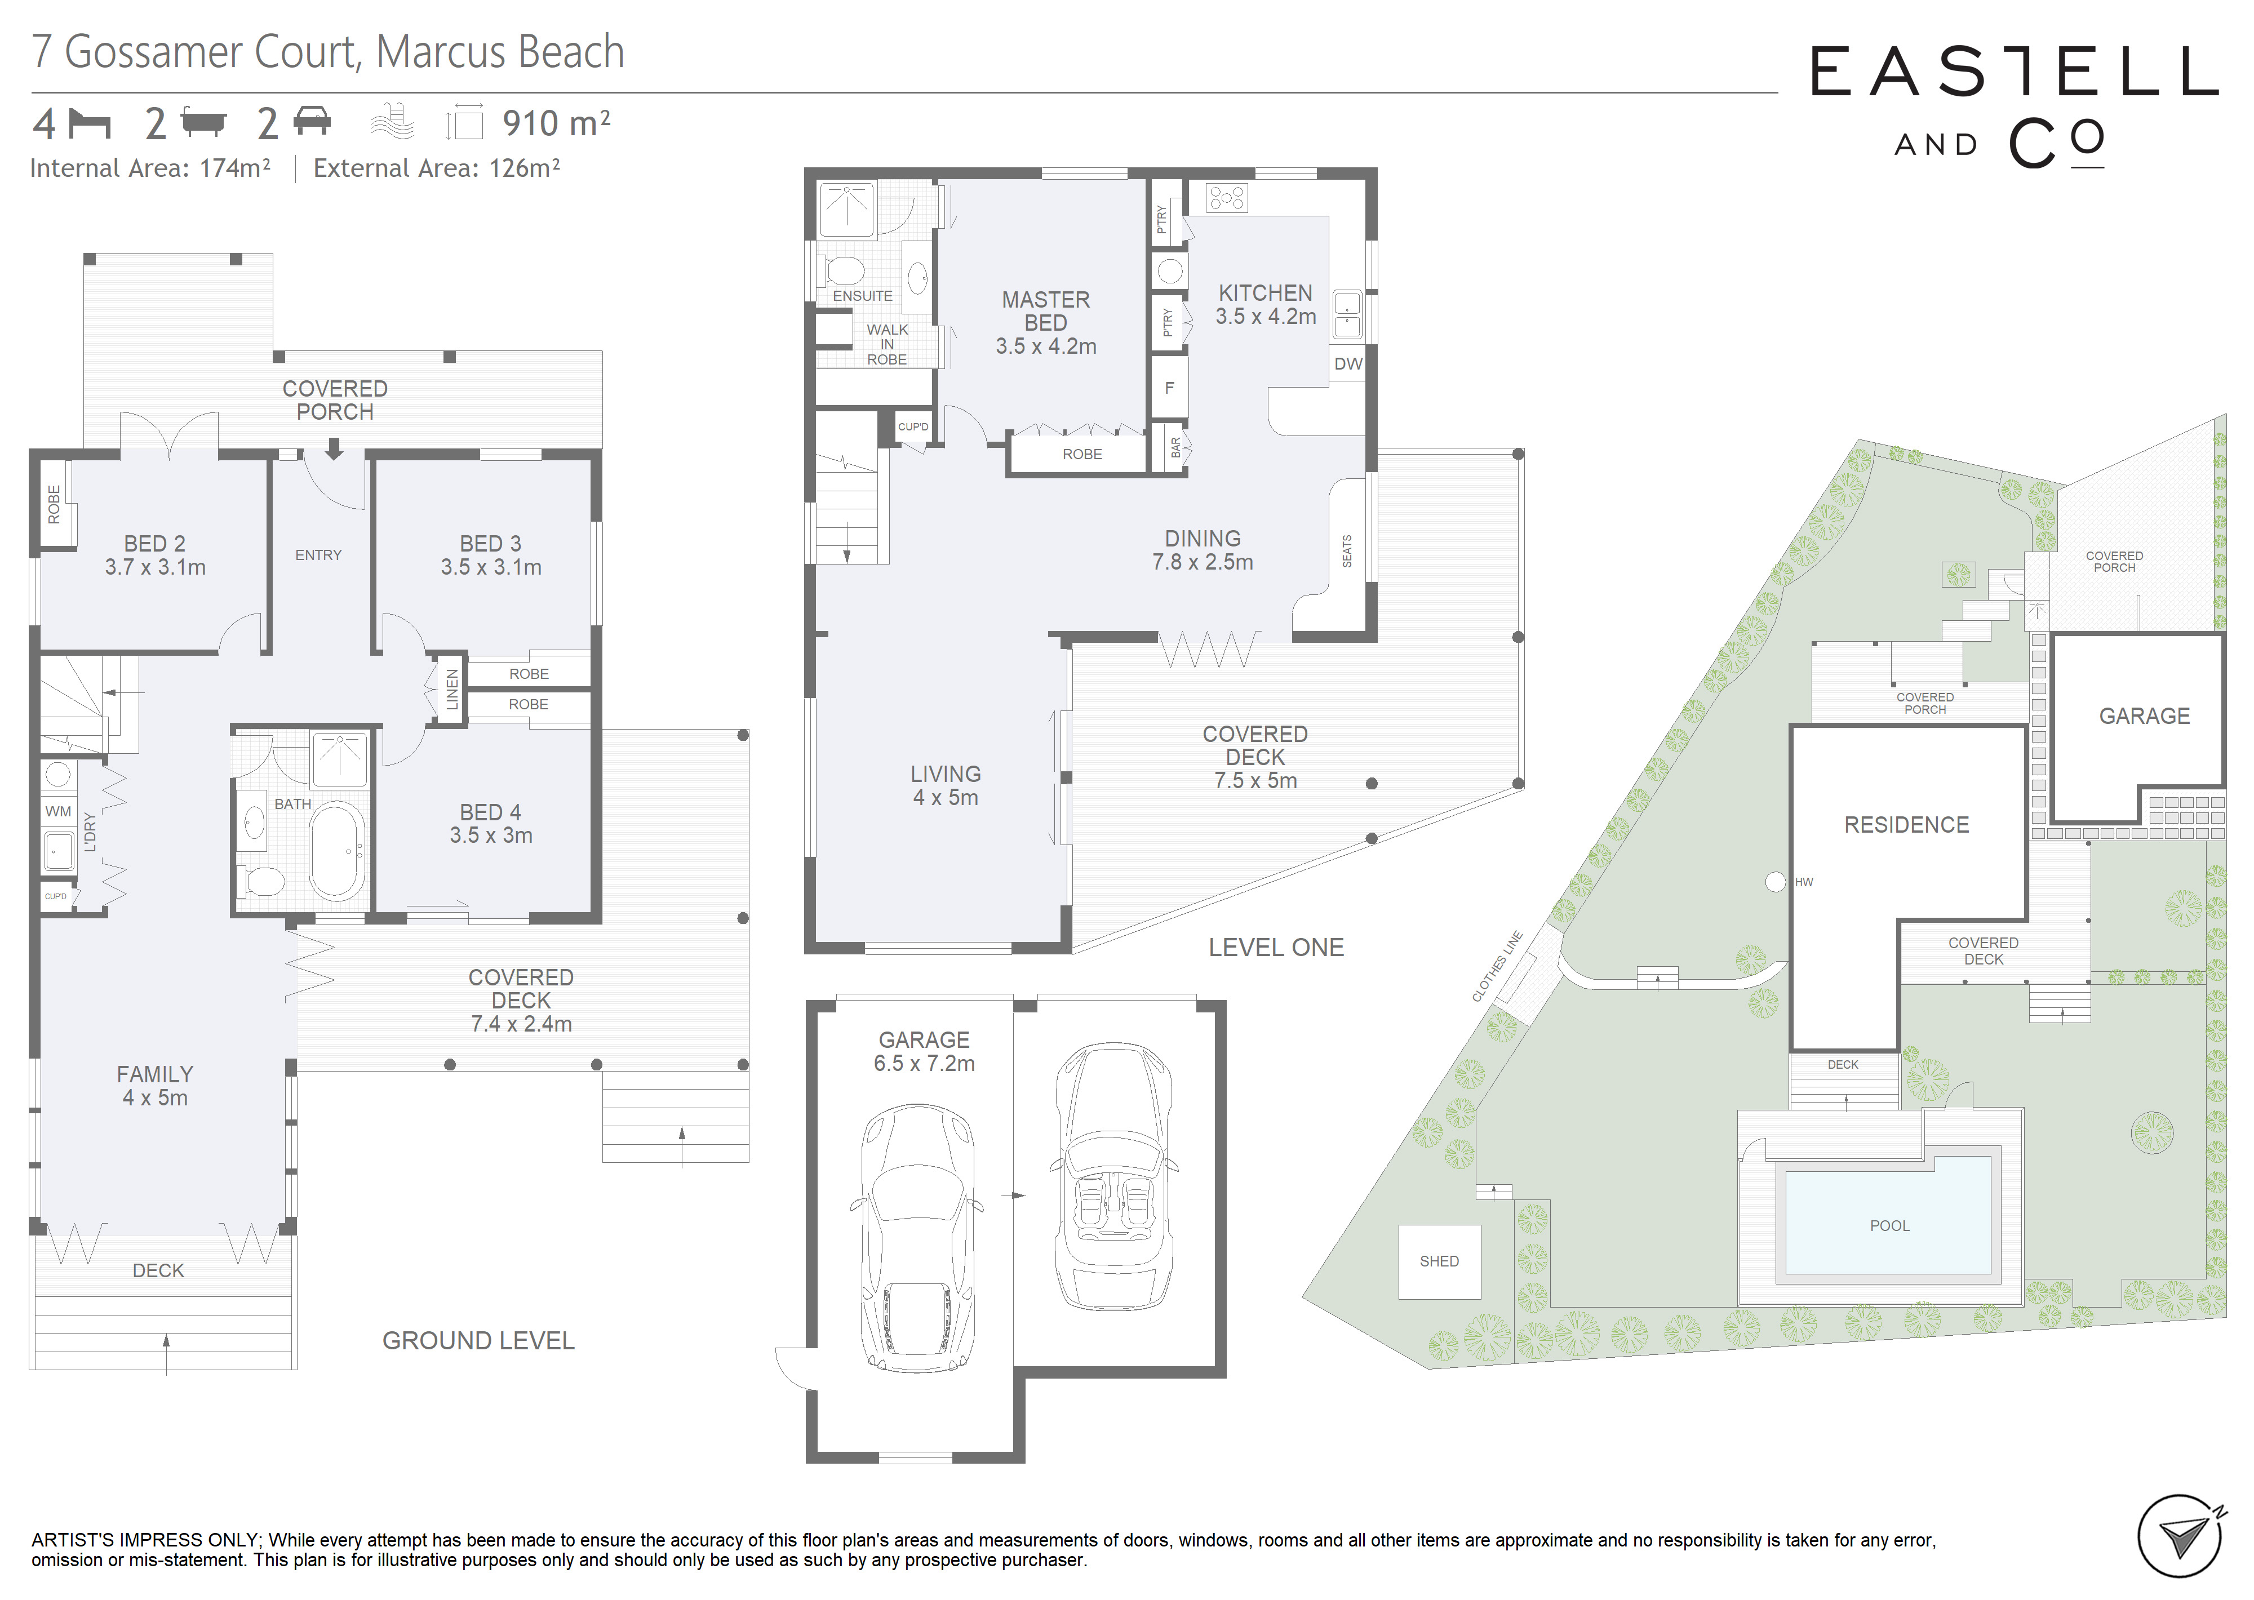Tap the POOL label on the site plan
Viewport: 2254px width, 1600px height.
coord(1889,1225)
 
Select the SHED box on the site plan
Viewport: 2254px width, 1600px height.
coord(1439,1262)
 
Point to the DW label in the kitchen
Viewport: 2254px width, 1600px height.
coord(1348,363)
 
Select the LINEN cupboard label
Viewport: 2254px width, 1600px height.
coord(452,690)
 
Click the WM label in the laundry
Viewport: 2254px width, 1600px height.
coord(58,811)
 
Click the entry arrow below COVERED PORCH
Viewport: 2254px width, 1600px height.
coord(334,449)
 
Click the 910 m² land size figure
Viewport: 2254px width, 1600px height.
coord(557,123)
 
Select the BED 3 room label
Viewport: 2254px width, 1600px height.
coord(491,555)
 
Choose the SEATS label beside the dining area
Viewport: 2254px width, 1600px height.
coord(1347,551)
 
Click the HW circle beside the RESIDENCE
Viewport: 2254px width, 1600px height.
coord(1775,882)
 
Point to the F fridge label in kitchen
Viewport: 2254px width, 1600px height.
coord(1169,388)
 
